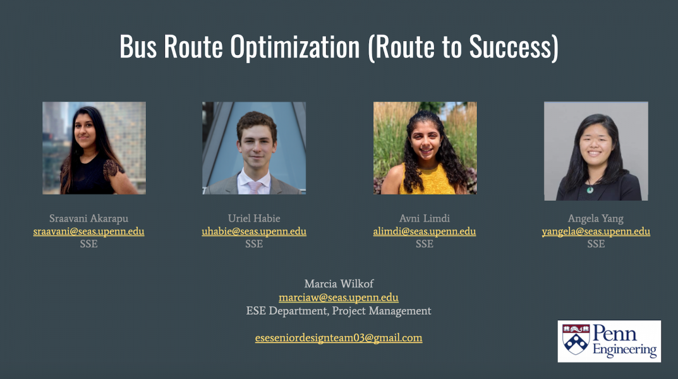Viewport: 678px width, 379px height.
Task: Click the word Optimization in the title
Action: (295, 47)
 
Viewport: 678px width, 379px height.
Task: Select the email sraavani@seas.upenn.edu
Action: (88, 231)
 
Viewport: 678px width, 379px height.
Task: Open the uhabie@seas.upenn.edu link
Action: (254, 231)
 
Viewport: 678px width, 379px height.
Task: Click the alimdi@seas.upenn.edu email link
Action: (425, 231)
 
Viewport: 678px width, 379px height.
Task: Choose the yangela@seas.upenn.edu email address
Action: (596, 231)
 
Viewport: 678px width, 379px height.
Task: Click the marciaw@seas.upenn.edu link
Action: (339, 298)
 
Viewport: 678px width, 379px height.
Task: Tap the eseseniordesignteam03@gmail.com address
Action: (339, 337)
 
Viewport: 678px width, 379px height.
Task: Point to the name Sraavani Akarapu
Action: (88, 218)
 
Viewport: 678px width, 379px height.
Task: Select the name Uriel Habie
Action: (254, 218)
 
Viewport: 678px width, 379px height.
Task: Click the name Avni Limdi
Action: (425, 218)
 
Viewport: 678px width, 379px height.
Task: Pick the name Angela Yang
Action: (596, 219)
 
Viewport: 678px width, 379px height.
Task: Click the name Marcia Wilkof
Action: (339, 284)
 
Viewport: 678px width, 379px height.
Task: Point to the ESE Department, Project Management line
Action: (339, 311)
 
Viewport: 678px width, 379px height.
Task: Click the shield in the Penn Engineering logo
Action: (576, 339)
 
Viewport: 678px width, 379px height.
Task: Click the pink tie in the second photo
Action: (255, 188)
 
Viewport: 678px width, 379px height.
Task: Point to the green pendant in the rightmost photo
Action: (590, 189)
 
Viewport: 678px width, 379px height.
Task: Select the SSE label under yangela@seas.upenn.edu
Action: (596, 244)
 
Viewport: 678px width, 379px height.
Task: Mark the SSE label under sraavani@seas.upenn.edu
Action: (88, 244)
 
